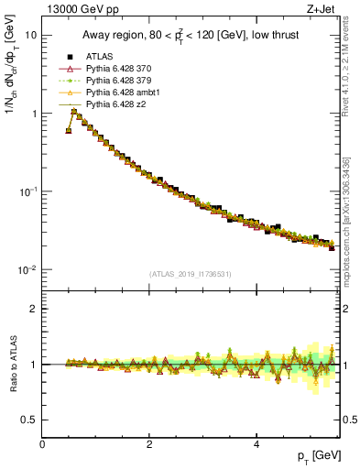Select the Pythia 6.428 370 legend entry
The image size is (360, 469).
click(117, 69)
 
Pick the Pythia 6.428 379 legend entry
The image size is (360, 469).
click(117, 82)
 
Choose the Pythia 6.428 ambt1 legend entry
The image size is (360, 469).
click(120, 94)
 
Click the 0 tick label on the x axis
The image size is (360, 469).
click(42, 444)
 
